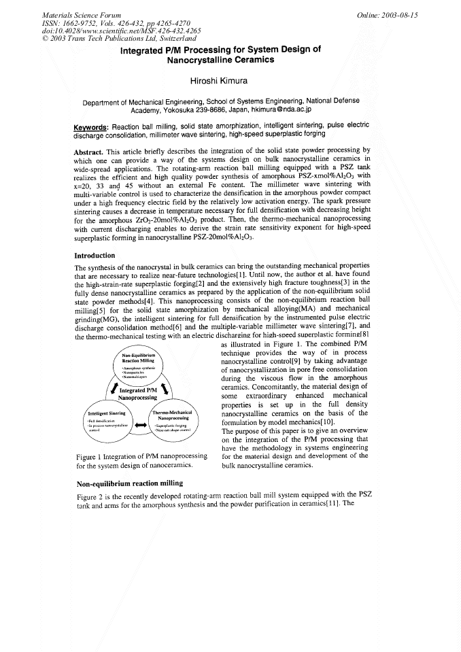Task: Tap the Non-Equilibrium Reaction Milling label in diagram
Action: pos(139,358)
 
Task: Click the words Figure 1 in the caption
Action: pos(89,456)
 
